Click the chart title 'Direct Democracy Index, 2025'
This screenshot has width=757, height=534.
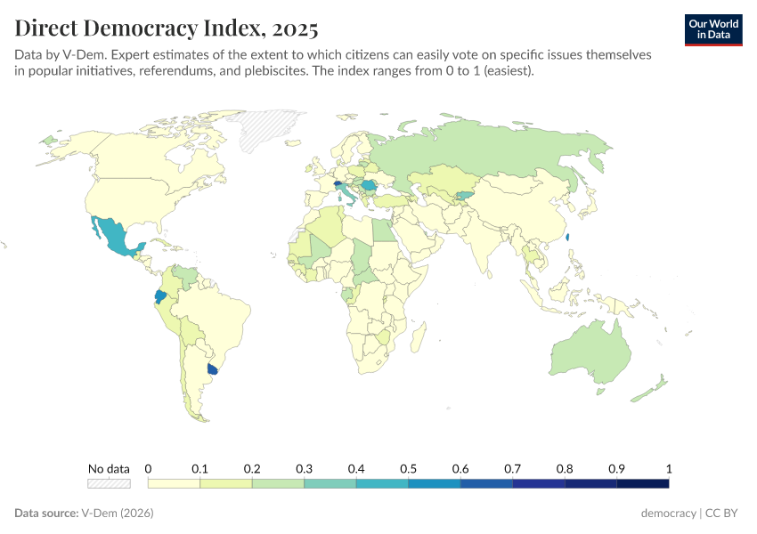pos(166,28)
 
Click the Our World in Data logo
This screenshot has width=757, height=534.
pos(712,29)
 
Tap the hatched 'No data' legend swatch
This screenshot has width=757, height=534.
pos(109,483)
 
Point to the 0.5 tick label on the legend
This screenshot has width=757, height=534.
pos(408,468)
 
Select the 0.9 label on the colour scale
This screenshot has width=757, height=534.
pos(616,468)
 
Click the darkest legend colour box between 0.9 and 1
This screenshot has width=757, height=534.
pos(642,483)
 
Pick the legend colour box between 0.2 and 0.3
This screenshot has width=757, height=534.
pos(278,483)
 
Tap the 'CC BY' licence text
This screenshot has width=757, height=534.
pos(724,514)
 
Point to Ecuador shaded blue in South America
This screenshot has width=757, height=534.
pos(159,296)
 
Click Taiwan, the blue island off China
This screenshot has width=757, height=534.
pos(568,238)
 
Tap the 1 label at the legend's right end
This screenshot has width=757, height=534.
pos(668,468)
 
